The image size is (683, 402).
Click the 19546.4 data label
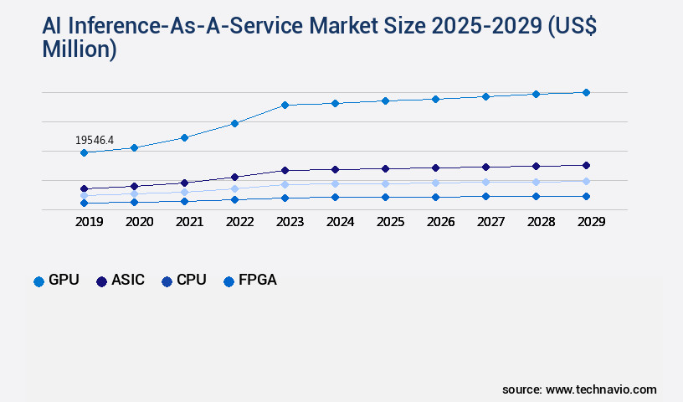[x=95, y=140]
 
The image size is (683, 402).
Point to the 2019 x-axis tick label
[x=90, y=222]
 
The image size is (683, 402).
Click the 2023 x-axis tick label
[x=290, y=222]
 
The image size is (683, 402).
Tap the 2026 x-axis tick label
[x=440, y=222]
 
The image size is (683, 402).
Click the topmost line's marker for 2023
[x=285, y=105]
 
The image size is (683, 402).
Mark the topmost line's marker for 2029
[x=586, y=92]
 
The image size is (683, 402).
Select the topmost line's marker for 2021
[x=184, y=137]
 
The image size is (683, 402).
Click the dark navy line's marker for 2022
[x=234, y=177]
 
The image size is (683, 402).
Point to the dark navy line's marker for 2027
[x=485, y=167]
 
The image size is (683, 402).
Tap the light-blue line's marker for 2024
[x=335, y=183]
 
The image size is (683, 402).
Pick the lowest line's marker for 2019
[x=84, y=203]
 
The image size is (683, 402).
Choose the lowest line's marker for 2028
[x=536, y=196]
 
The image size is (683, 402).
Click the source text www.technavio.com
[x=601, y=389]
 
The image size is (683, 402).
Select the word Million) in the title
[x=79, y=49]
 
